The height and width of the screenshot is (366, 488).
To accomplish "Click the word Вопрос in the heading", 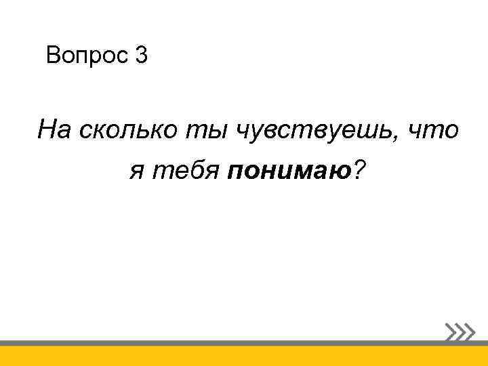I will coord(85,56).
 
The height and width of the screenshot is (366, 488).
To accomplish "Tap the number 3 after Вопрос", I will coord(140,56).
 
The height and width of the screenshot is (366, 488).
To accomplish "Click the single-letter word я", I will coord(137,175).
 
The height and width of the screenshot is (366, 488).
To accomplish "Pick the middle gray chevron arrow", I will coord(461,331).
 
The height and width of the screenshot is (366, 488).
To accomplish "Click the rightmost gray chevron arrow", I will coord(470,331).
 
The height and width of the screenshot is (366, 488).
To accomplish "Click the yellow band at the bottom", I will coord(244,356).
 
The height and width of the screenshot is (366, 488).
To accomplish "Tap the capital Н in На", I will coord(47,129).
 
